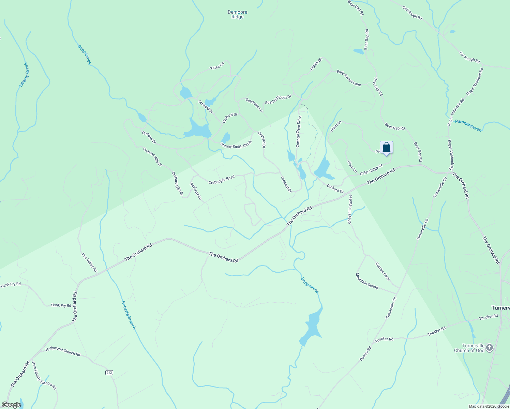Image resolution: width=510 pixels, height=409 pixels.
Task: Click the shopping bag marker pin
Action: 386,148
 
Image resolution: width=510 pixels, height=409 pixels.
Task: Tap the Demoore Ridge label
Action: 237,15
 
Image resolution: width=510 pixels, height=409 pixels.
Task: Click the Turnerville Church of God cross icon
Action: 489,348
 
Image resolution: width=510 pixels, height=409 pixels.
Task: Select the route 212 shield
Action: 109,373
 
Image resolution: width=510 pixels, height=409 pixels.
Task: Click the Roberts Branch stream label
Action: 129,315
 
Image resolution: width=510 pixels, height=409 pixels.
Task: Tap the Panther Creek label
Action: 468,125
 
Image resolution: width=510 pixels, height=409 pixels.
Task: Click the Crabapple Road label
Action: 222,180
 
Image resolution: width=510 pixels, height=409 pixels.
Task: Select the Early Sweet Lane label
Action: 348,78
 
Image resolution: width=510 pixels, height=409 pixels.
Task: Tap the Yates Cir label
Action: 217,65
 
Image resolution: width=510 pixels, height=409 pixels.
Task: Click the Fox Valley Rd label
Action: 89,262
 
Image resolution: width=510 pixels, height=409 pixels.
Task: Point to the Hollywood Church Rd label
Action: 63,351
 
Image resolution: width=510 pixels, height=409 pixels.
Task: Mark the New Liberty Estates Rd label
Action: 44,376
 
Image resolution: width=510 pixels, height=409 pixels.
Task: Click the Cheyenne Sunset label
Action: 350,209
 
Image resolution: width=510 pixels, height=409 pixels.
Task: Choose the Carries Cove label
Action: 382,271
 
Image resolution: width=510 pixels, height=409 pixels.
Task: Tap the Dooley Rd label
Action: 365,354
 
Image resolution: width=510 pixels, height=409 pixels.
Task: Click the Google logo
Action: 12,405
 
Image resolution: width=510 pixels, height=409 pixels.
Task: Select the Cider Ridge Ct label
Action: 371,170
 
